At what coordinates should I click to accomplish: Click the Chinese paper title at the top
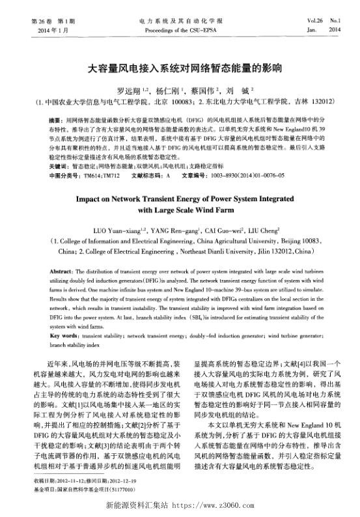coord(180,67)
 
